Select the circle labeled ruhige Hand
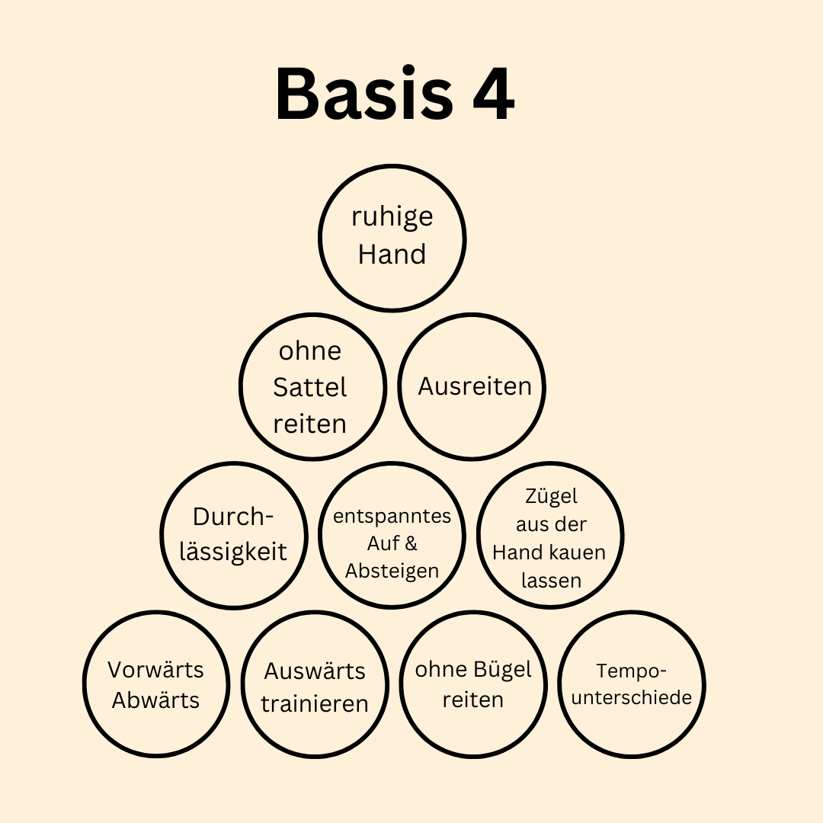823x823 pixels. (x=392, y=237)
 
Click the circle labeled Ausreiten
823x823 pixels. (x=472, y=386)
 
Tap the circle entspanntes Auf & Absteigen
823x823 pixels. (x=392, y=535)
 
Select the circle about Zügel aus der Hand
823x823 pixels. (x=550, y=535)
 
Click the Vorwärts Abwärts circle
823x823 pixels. (x=155, y=685)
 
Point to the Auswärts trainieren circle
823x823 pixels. (x=314, y=685)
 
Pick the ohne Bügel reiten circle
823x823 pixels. (x=472, y=685)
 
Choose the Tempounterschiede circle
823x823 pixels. (x=631, y=685)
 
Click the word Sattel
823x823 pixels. (x=309, y=387)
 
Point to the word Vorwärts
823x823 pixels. (x=155, y=670)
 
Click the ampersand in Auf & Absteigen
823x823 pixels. (x=411, y=544)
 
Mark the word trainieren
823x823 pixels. (x=314, y=703)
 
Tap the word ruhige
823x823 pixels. (x=392, y=216)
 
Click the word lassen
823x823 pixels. (x=551, y=580)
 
